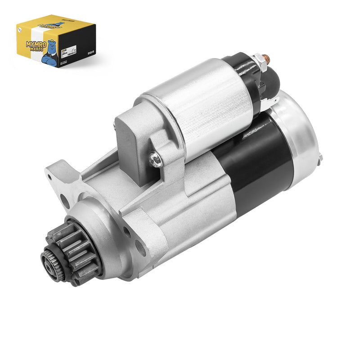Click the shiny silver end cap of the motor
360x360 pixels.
click(x=301, y=135)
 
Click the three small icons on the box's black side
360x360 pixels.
click(x=89, y=52)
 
